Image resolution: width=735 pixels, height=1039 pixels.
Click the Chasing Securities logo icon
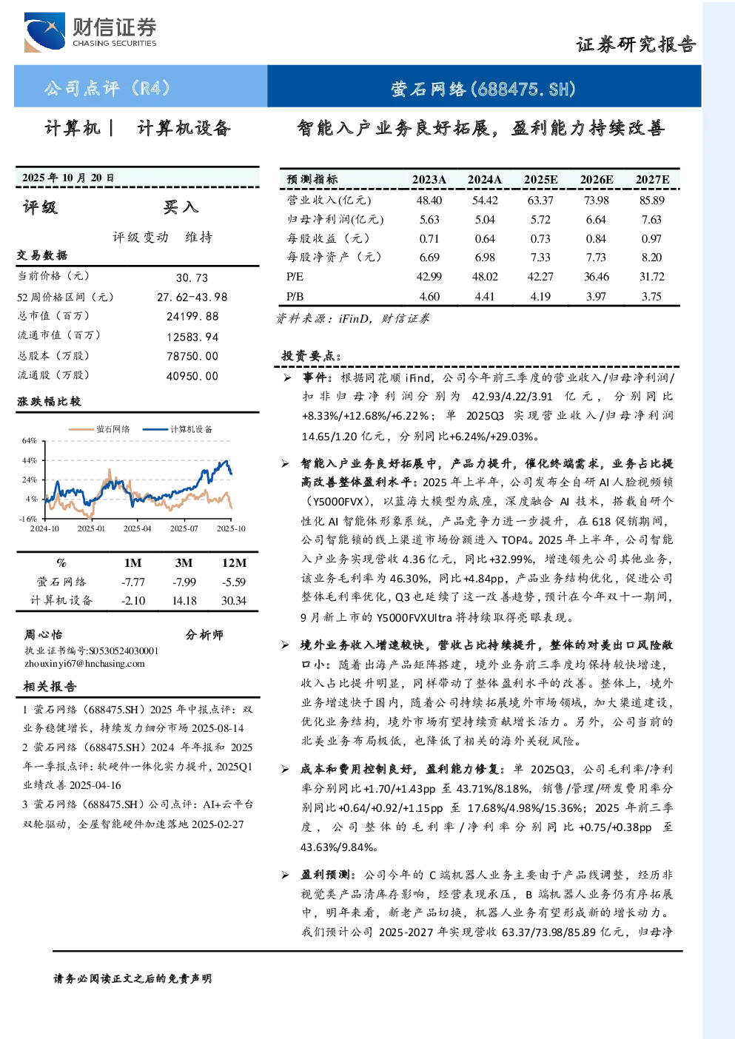point(44,33)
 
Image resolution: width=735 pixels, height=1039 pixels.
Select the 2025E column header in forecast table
point(540,180)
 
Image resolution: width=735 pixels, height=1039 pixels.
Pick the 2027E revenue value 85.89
point(651,201)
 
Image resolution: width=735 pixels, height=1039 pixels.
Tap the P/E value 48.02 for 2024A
point(485,277)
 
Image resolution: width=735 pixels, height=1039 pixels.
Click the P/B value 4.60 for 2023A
point(429,297)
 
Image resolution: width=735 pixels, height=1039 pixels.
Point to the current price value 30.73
point(192,278)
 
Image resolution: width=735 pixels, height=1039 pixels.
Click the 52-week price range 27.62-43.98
point(192,297)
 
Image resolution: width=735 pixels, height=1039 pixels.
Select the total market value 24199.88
point(192,316)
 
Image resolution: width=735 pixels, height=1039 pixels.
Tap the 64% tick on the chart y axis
point(30,440)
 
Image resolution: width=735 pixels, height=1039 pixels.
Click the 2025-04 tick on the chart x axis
point(138,528)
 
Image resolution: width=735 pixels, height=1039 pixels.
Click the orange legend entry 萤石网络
point(99,429)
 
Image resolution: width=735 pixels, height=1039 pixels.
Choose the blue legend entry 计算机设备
point(178,429)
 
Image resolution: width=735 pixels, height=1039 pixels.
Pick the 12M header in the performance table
point(234,562)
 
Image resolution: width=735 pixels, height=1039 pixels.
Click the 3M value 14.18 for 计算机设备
point(184,601)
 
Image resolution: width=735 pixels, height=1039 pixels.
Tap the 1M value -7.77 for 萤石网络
point(133,582)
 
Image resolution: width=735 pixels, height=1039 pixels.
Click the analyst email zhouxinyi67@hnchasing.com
point(84,664)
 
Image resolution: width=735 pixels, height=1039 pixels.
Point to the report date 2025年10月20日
point(68,178)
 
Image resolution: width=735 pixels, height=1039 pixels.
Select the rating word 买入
point(181,207)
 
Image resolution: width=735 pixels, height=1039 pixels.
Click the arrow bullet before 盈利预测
point(286,875)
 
